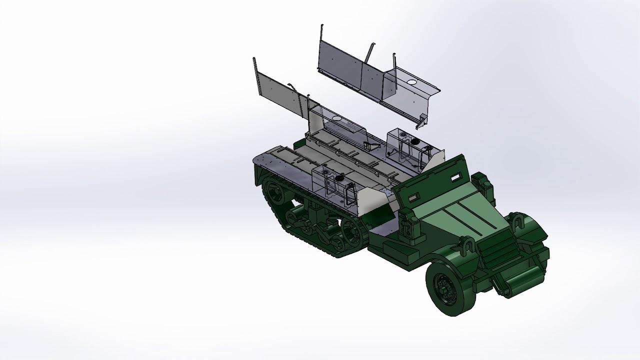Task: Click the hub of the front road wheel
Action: coord(443,288)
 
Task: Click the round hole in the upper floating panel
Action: coord(412,81)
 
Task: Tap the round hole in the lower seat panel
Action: coord(336,119)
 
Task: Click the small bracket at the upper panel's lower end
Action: coord(422,120)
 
